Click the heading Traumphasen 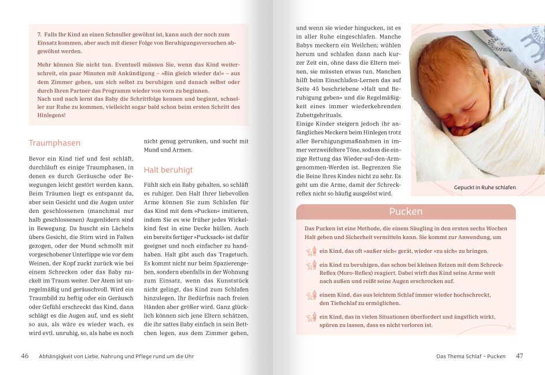click(x=54, y=143)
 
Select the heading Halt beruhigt click(x=168, y=170)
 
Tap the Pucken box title click(x=406, y=212)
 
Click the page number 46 click(x=25, y=356)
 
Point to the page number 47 click(x=519, y=356)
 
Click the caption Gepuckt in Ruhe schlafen click(x=484, y=187)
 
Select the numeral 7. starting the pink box click(x=39, y=35)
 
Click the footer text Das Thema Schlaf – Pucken click(x=470, y=356)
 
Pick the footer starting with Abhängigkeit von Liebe click(x=116, y=356)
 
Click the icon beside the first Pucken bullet click(x=311, y=251)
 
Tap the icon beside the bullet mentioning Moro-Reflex click(x=311, y=265)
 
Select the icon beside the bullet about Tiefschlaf click(x=311, y=295)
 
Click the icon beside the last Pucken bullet click(x=311, y=317)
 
